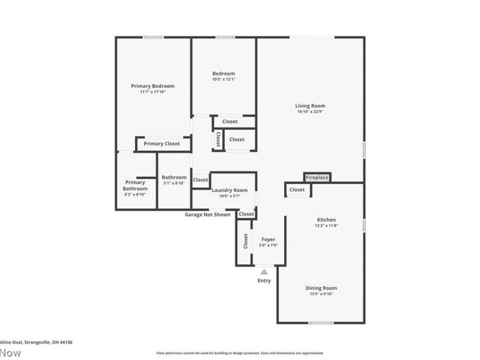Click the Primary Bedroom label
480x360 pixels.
click(x=152, y=86)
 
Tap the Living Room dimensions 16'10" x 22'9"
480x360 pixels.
click(x=311, y=112)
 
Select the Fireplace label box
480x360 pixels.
click(x=317, y=178)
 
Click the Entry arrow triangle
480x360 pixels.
click(x=264, y=272)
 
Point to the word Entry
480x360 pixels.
click(x=264, y=281)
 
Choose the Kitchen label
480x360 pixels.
click(x=326, y=220)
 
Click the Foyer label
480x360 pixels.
click(x=268, y=239)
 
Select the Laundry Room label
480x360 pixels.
click(x=229, y=190)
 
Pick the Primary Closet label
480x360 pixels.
click(x=161, y=144)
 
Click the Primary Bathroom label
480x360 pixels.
click(x=135, y=185)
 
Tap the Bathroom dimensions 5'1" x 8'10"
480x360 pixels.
click(x=174, y=183)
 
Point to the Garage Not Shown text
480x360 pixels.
click(x=208, y=214)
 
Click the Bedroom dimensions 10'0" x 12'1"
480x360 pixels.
click(x=223, y=79)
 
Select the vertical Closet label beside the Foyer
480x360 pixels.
click(x=245, y=241)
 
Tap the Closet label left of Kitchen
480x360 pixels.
click(x=297, y=190)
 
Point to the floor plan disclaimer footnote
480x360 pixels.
click(x=240, y=353)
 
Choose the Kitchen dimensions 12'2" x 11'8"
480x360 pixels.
click(x=326, y=226)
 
